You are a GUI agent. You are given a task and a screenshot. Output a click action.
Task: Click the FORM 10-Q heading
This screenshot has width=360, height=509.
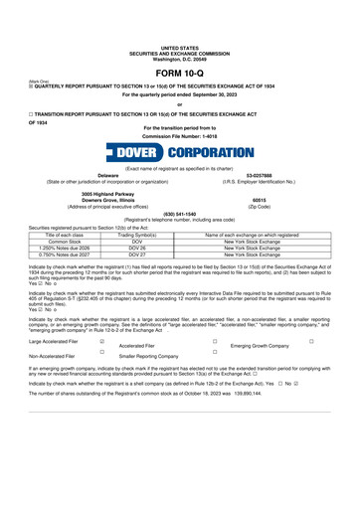coord(179,44)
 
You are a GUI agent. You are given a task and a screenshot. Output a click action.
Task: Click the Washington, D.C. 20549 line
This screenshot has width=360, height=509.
coord(179,23)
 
